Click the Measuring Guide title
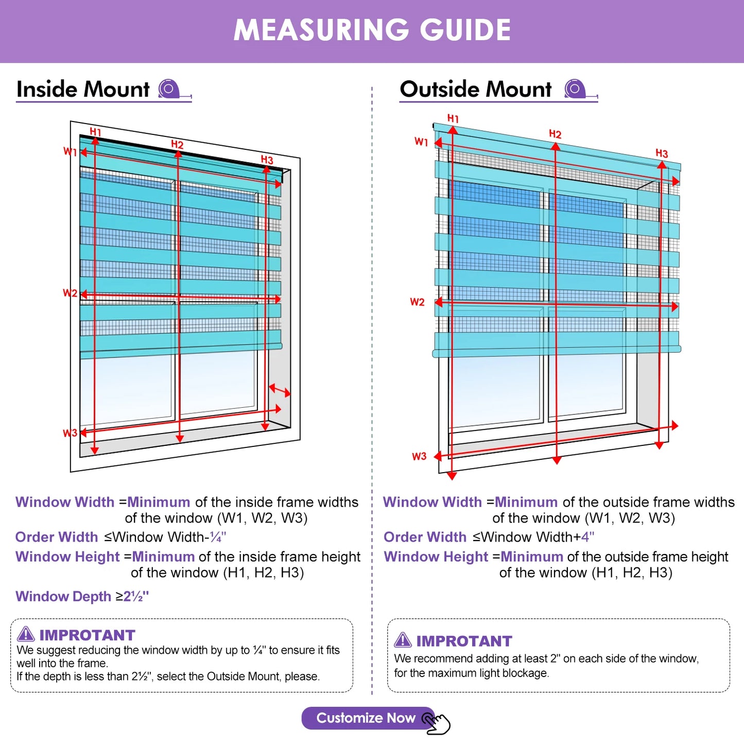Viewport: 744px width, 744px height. (372, 30)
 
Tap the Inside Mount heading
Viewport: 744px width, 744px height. (83, 89)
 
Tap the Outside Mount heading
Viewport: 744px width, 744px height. (476, 89)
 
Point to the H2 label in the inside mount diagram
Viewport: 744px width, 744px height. (177, 144)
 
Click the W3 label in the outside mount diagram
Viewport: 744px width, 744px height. (419, 456)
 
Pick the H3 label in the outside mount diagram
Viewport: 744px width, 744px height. (662, 153)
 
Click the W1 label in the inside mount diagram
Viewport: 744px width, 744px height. (70, 151)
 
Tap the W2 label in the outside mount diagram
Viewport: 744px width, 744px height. (417, 302)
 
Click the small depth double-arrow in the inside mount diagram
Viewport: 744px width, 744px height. (280, 390)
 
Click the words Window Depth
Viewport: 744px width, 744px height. (63, 597)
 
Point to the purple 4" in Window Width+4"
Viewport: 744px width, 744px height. (587, 537)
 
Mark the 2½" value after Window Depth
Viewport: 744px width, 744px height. (136, 597)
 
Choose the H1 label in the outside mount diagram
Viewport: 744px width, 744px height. (453, 118)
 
